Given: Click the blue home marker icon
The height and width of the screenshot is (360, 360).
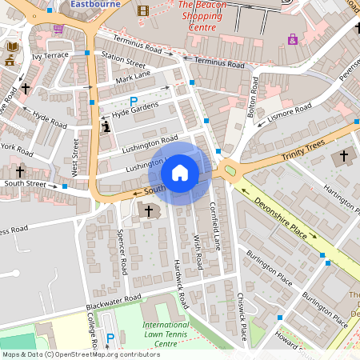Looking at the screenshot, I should (x=180, y=172).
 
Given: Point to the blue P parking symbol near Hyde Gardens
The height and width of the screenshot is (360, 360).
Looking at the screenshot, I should (x=134, y=101).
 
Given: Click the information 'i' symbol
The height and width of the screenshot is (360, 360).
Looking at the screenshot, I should (x=106, y=126).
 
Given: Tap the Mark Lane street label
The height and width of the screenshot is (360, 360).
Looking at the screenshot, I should (x=133, y=78).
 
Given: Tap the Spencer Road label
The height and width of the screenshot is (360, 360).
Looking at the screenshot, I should (x=122, y=251).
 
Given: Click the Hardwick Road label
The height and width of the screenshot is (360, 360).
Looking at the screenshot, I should (x=181, y=283).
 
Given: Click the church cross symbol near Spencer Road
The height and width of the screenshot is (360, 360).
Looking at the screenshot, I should (x=149, y=210).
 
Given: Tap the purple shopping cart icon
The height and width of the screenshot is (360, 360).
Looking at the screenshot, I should (x=58, y=29).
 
